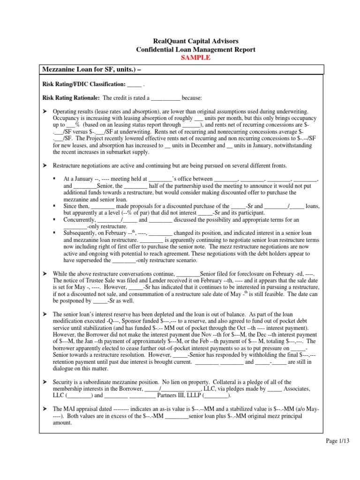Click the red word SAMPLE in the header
[x=180, y=58]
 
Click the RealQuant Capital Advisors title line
[x=180, y=42]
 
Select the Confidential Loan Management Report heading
[x=180, y=50]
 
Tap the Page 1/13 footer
[x=338, y=441]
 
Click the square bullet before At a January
[x=55, y=179]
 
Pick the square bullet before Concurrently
[x=55, y=219]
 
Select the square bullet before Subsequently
[x=55, y=233]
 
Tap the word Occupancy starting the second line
[x=66, y=119]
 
